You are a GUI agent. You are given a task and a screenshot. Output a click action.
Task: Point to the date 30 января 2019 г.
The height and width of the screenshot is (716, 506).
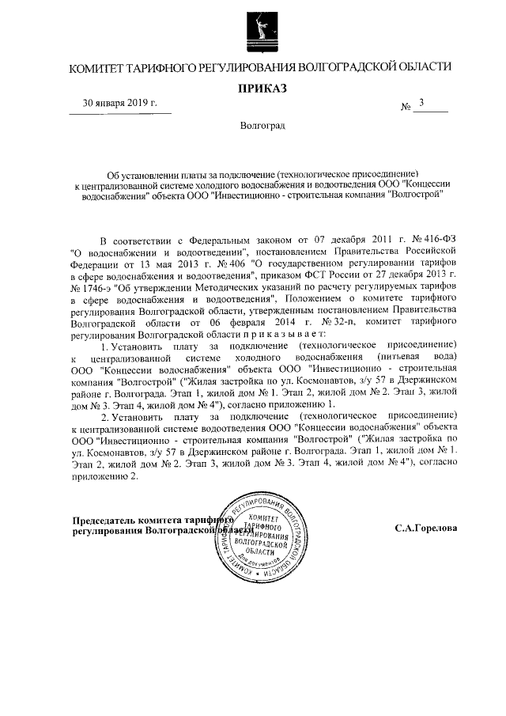[x=121, y=104]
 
